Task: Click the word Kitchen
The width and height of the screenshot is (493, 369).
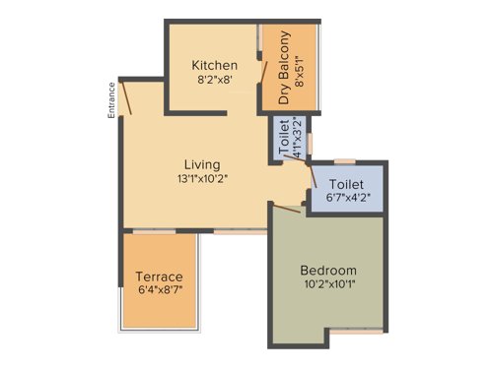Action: coord(214,66)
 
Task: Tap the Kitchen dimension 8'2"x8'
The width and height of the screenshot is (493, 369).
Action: coord(214,83)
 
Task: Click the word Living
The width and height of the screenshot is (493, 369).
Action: coord(201,164)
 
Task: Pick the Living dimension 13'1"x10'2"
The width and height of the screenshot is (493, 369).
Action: coord(201,179)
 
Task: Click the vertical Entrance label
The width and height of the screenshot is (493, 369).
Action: coord(111,100)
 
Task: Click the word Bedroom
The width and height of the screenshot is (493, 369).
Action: coord(328,271)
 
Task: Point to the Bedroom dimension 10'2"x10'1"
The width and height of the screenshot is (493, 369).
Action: coord(328,286)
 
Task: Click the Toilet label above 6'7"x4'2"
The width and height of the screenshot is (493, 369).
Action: coord(346,183)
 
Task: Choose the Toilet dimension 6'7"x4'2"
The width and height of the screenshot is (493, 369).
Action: coord(346,198)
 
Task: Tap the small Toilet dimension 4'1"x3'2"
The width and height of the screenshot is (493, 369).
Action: coord(292,138)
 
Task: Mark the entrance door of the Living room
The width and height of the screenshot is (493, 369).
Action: coord(127,97)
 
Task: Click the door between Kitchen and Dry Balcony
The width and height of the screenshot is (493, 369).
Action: coord(261,74)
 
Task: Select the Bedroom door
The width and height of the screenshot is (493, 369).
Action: coord(287,208)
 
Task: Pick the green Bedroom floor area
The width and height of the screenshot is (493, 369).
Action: coord(328,315)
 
